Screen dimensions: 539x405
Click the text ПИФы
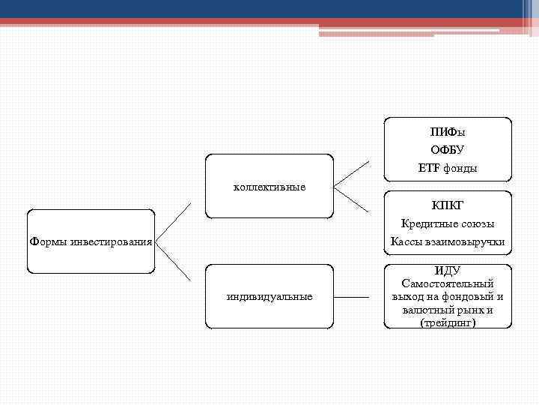pos(448,132)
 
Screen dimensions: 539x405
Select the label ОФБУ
pos(448,150)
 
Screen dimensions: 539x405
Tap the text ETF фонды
pos(448,169)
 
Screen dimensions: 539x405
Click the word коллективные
pos(269,186)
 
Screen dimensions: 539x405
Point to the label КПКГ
pos(448,205)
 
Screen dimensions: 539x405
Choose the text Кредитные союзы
pos(448,223)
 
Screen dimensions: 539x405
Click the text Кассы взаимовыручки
pos(448,241)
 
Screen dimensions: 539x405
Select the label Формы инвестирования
pos(91,242)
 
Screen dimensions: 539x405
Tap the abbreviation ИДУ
pos(448,271)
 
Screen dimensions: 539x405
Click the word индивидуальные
pos(269,296)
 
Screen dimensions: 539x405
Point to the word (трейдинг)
pos(448,322)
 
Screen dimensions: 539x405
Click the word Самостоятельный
pos(448,283)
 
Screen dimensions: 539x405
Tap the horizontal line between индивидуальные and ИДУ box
pos(352,297)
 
